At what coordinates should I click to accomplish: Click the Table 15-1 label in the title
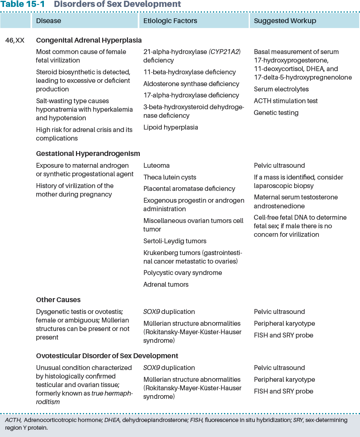click(23, 4)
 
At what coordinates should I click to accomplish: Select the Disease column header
click(48, 20)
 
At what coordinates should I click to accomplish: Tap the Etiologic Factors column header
click(170, 20)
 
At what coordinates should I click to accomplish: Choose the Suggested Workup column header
click(285, 20)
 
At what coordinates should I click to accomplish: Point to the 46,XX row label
click(15, 41)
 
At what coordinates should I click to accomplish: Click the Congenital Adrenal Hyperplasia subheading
click(89, 41)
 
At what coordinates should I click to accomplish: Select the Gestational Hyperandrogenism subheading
click(88, 154)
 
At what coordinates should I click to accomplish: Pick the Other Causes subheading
click(58, 300)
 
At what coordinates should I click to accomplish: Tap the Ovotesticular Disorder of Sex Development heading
click(107, 356)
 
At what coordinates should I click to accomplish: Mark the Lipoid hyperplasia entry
click(171, 128)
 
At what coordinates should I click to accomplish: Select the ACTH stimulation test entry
click(286, 101)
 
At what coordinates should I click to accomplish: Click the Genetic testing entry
click(276, 113)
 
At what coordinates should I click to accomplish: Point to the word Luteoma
click(156, 166)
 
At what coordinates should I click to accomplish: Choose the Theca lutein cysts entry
click(169, 177)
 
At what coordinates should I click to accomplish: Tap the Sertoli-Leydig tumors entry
click(175, 241)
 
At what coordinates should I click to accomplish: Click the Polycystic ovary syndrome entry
click(182, 273)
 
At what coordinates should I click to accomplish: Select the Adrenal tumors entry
click(166, 285)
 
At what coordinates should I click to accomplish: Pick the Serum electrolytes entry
click(281, 89)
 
